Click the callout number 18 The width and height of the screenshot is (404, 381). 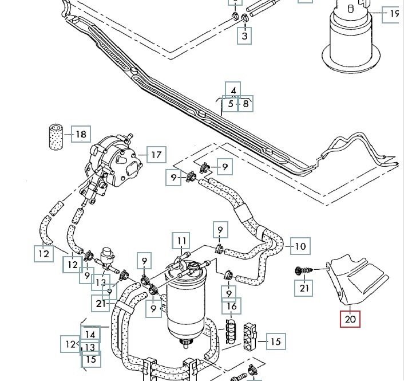point(81,135)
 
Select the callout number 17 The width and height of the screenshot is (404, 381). point(156,154)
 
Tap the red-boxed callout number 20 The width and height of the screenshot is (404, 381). point(350,317)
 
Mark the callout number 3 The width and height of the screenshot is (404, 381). point(245,36)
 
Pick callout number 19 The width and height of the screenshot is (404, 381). point(394,14)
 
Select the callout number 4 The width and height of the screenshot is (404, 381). point(232,91)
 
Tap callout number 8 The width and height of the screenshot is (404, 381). point(245,104)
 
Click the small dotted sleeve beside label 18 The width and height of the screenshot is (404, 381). point(56,135)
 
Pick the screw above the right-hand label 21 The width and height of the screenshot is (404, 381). point(302,270)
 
